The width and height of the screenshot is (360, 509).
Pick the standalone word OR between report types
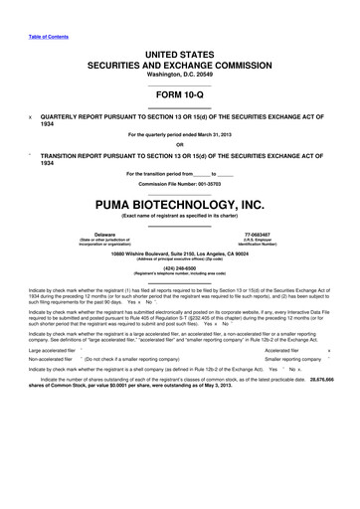click(x=180, y=145)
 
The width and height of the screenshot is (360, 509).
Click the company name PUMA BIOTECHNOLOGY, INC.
click(x=180, y=205)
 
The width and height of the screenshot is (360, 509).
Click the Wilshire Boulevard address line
click(x=180, y=255)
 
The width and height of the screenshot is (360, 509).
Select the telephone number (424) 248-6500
click(x=180, y=270)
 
